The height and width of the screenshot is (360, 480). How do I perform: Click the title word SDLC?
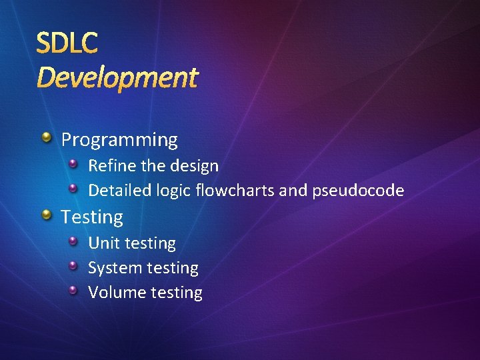[67, 43]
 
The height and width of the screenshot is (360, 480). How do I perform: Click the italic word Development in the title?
[117, 78]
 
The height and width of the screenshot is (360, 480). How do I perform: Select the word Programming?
[119, 140]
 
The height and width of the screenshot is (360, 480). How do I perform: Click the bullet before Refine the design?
[75, 163]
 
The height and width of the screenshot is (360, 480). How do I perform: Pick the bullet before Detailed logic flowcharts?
[75, 189]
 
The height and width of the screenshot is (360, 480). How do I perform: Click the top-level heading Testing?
[92, 217]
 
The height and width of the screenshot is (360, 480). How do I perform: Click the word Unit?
[101, 243]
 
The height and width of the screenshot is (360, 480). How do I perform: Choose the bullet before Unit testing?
[75, 241]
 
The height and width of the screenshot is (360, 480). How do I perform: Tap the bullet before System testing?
[75, 265]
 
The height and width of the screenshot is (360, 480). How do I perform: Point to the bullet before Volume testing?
[75, 290]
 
